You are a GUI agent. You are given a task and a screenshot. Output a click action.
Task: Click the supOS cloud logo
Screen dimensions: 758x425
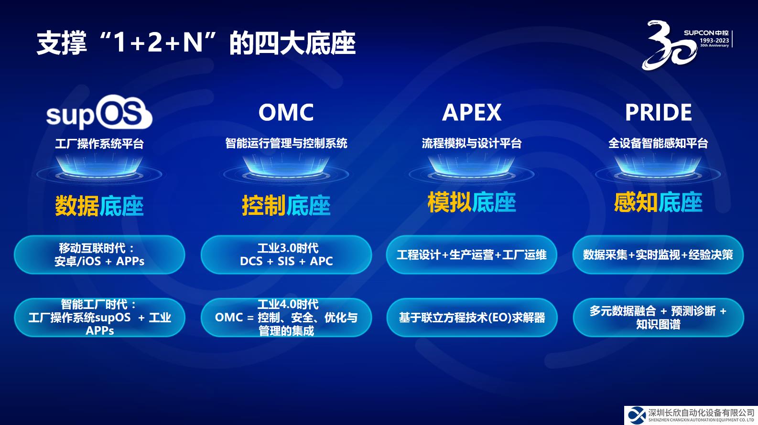click(x=99, y=112)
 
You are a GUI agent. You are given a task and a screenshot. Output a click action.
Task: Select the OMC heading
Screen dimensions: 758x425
click(x=286, y=112)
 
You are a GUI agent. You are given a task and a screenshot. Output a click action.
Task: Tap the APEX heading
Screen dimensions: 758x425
click(x=472, y=112)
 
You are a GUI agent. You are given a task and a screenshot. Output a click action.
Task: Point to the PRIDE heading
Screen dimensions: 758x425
click(x=658, y=112)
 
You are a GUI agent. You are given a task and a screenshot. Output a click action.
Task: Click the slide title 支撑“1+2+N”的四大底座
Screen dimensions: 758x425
click(x=196, y=43)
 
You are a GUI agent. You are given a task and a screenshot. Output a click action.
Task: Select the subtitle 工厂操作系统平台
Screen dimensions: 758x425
click(x=99, y=144)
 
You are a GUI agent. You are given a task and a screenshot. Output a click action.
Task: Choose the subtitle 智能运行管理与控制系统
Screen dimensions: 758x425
click(x=286, y=143)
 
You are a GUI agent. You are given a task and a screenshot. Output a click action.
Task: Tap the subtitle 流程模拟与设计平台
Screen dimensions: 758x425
click(x=472, y=143)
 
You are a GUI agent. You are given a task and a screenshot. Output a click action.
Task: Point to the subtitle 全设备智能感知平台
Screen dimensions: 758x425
click(x=658, y=143)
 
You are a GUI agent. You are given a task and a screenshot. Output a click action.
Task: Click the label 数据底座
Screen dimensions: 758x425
click(x=99, y=206)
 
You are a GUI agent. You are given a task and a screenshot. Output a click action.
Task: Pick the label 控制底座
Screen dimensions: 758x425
click(x=286, y=205)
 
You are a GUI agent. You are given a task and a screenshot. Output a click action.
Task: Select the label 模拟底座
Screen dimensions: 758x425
click(x=472, y=202)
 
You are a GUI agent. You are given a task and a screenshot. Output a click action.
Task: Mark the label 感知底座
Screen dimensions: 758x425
click(x=658, y=202)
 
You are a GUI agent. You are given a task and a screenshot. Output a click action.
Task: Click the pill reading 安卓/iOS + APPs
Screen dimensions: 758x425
click(x=99, y=255)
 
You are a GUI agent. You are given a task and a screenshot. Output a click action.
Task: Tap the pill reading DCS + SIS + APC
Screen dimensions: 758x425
click(x=286, y=255)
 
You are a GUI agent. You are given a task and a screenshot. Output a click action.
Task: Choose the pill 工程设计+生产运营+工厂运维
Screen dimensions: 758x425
click(x=472, y=255)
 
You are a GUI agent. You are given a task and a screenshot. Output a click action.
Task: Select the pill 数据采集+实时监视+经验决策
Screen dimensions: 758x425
click(x=658, y=255)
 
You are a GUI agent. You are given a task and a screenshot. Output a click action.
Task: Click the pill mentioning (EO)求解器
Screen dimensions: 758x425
click(x=472, y=318)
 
